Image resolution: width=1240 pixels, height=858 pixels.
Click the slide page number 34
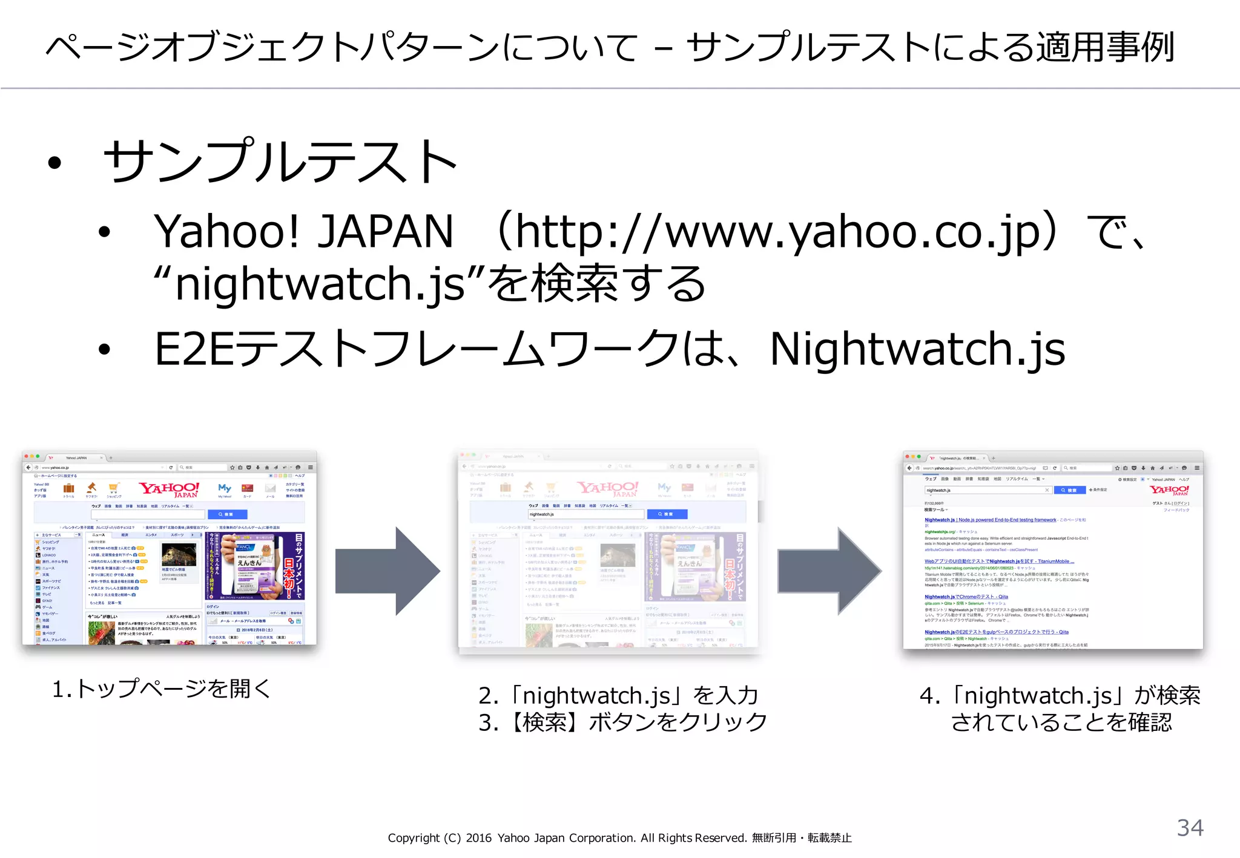coord(1190,828)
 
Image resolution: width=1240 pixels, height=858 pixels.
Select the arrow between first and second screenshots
coord(387,571)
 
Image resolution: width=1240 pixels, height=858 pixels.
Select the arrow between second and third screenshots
coord(829,571)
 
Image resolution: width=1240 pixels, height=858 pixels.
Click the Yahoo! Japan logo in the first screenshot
coord(169,489)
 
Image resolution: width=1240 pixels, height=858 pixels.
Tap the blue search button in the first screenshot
coord(228,514)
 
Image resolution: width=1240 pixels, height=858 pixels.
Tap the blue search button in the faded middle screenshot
coord(667,514)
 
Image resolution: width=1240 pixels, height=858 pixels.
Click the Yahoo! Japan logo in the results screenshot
coord(1169,490)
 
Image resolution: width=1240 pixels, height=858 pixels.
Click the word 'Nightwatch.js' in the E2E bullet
coord(917,350)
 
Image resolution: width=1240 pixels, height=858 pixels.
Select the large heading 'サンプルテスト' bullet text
coord(280,161)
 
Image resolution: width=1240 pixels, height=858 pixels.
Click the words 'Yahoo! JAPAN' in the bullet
coord(303,232)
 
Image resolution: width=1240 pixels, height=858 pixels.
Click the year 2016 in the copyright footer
coord(478,838)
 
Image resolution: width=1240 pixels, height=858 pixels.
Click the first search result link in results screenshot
coord(990,520)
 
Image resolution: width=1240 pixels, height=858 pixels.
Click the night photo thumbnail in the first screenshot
coord(179,554)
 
